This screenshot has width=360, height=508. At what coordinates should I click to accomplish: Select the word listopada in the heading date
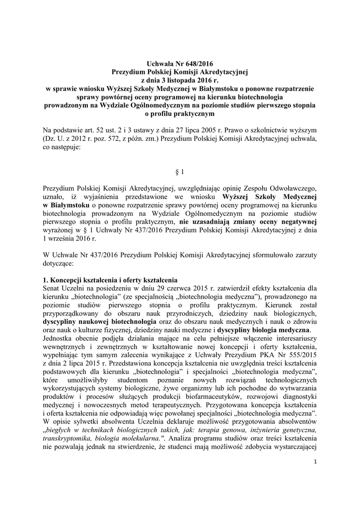(x=178, y=80)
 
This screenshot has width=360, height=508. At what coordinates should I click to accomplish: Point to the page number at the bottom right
(x=315, y=462)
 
